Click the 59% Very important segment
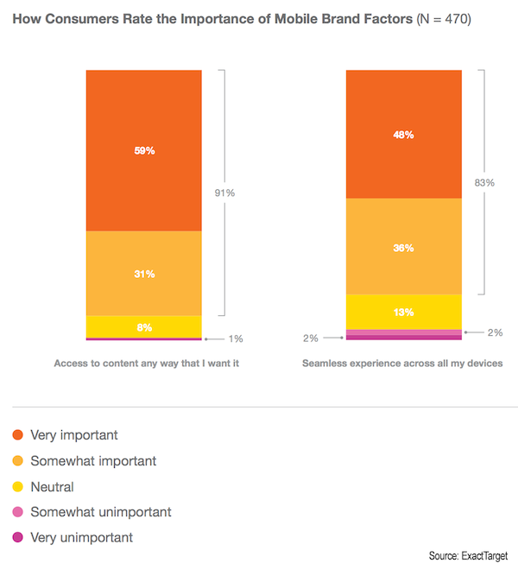coord(144,150)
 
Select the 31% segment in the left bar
coord(144,274)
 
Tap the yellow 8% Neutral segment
coord(144,326)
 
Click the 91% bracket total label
coord(224,193)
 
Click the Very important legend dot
coord(18,435)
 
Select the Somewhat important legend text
coord(93,461)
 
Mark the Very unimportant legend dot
coord(18,538)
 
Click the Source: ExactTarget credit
coord(466,554)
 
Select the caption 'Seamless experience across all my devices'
coord(402,364)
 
